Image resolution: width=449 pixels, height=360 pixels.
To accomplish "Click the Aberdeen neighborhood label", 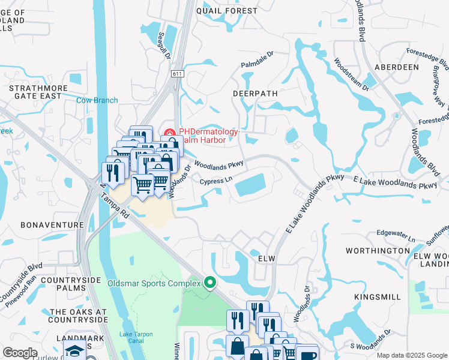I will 396,67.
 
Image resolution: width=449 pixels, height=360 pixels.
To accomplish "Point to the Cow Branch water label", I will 97,100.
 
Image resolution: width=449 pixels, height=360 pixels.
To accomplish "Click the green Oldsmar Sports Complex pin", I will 209,282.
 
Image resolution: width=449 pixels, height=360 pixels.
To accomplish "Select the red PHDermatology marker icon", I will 170,133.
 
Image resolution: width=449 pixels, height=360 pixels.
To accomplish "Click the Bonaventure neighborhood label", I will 52,224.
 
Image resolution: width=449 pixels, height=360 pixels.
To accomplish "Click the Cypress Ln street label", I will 215,181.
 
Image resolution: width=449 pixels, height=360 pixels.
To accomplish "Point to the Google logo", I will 20,353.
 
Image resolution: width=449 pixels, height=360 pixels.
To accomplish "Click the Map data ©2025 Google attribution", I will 411,356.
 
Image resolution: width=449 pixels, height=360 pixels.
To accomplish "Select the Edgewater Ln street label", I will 396,235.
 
